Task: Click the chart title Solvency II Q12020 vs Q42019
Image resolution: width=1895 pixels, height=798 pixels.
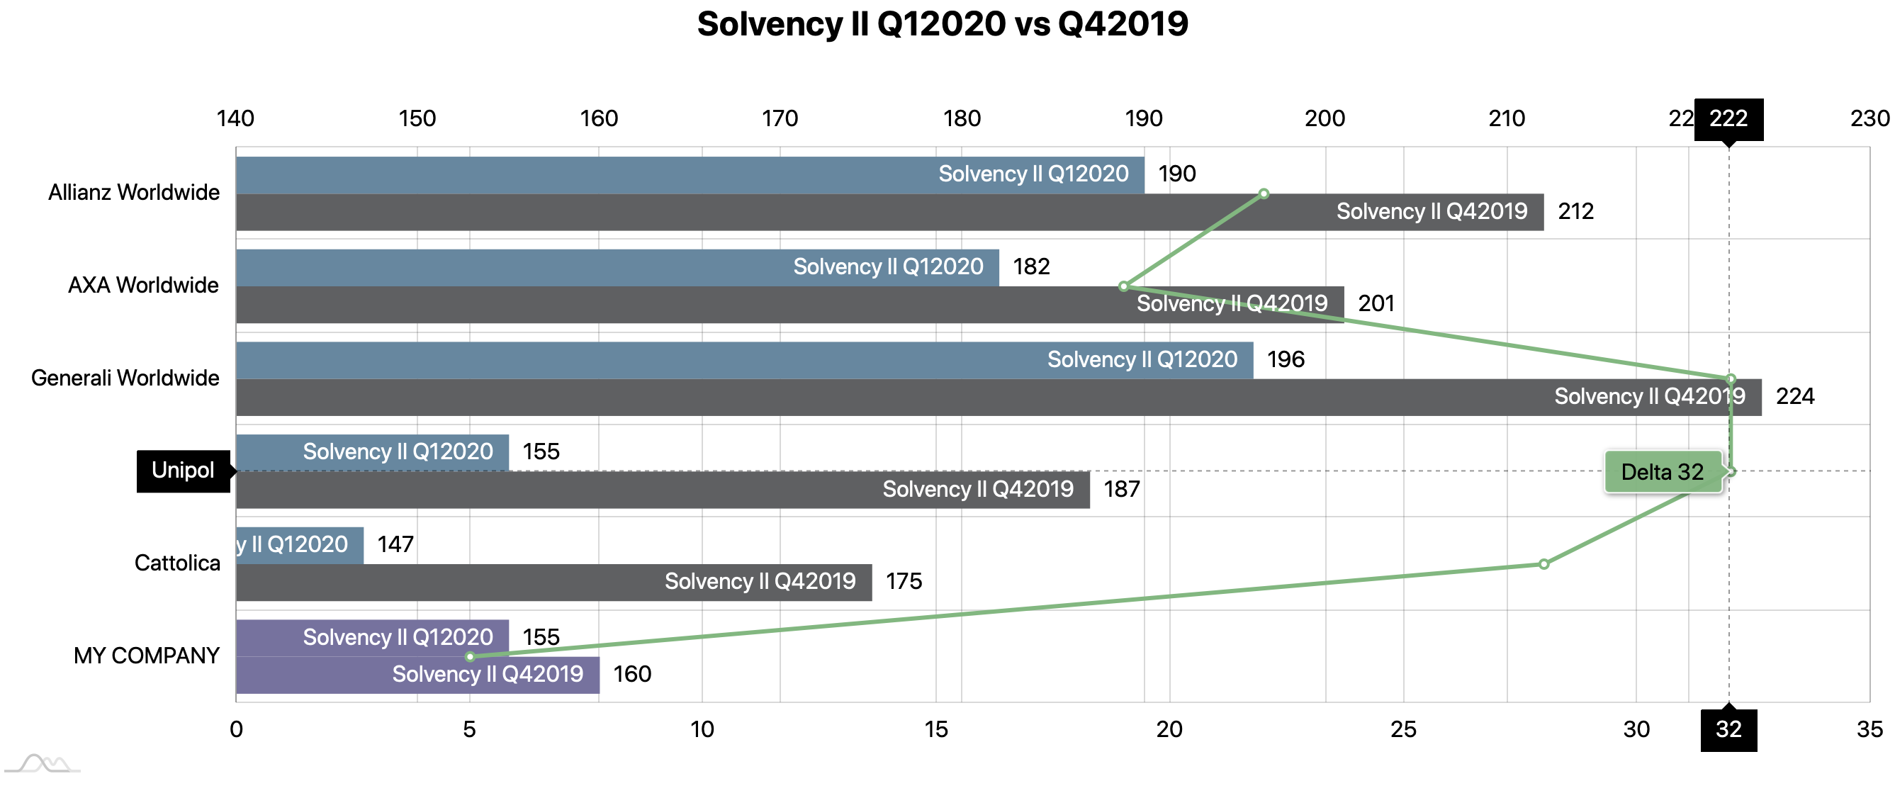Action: tap(943, 24)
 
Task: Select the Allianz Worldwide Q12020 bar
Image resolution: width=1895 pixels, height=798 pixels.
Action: tap(690, 175)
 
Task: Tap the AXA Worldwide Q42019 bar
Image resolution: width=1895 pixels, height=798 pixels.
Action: tap(789, 305)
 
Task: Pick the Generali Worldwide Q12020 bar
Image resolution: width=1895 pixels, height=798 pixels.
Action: tap(743, 361)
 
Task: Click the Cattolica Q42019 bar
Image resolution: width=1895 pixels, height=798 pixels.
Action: tap(553, 583)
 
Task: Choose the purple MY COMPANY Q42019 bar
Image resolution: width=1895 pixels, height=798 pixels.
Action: tap(417, 675)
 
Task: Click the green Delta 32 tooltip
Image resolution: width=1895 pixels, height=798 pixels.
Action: tap(1663, 472)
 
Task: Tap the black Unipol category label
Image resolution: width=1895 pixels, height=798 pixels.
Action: tap(183, 471)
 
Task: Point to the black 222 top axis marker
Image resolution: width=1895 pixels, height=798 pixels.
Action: tap(1728, 118)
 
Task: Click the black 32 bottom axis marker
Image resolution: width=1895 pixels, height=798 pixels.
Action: tap(1728, 729)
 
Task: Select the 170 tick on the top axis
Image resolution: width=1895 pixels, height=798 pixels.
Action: tap(780, 118)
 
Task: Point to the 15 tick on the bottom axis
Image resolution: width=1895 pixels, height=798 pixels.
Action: tap(935, 729)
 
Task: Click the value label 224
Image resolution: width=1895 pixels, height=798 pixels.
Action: tap(1795, 397)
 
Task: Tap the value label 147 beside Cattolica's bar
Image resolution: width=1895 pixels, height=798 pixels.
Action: tap(395, 545)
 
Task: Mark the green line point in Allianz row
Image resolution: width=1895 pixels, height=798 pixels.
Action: tap(1264, 194)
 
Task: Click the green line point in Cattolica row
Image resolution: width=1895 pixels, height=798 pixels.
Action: tap(1544, 564)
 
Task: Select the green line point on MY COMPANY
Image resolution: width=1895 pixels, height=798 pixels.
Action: tap(470, 657)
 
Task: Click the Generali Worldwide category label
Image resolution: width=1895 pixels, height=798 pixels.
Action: tap(125, 378)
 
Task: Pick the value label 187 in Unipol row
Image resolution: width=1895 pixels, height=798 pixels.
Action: tap(1122, 490)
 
